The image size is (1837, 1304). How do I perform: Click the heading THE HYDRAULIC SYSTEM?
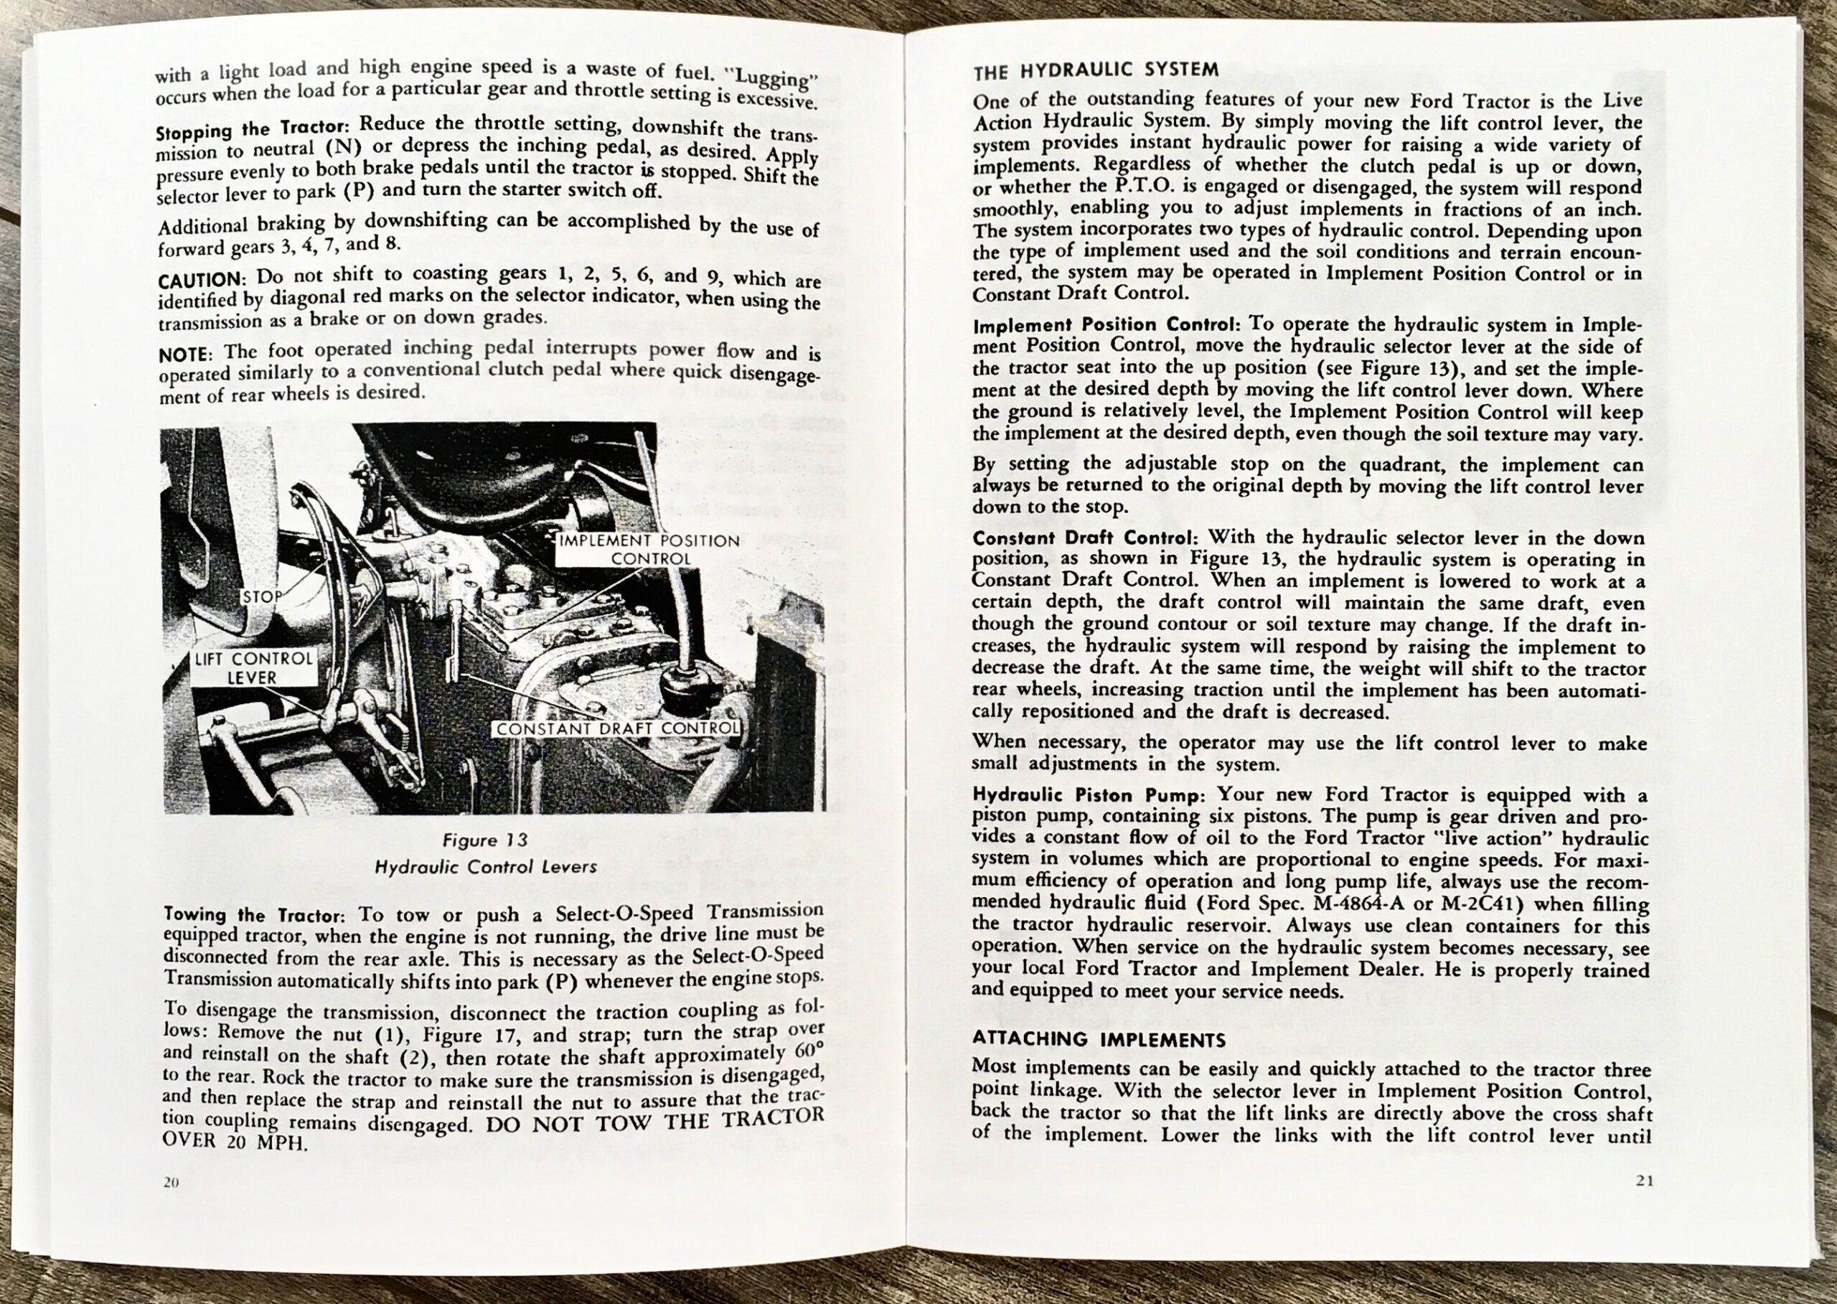(x=1096, y=70)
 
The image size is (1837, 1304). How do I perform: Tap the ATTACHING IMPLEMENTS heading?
(x=1099, y=1039)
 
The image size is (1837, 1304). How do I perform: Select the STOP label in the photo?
(x=262, y=596)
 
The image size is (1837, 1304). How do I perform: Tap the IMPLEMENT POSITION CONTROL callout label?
(x=649, y=549)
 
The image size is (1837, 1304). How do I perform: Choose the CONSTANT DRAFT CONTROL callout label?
(x=616, y=728)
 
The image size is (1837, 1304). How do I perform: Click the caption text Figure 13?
(x=485, y=840)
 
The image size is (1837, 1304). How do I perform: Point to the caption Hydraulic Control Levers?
(x=486, y=867)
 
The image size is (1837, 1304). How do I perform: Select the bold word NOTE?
(x=184, y=354)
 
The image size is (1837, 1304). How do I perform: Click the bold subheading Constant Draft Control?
(x=1086, y=538)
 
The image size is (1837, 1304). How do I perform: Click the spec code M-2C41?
(x=1470, y=903)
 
